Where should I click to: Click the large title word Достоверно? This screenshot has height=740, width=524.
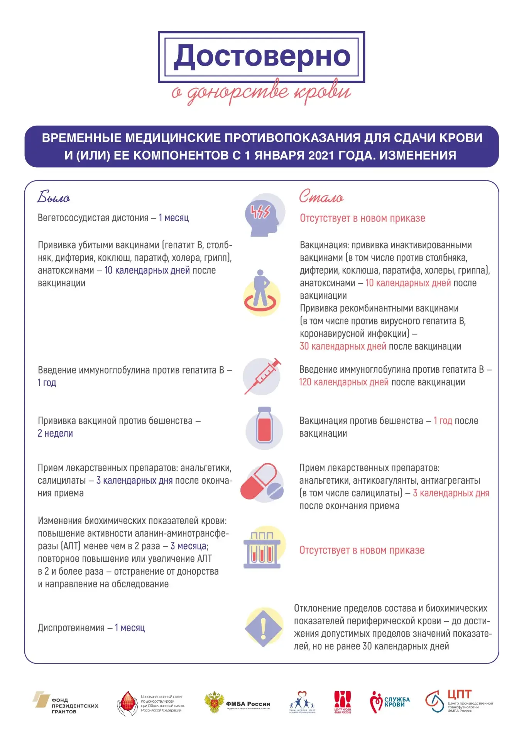click(262, 57)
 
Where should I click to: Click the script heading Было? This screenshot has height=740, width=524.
click(54, 197)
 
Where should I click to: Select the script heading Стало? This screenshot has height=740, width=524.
click(321, 197)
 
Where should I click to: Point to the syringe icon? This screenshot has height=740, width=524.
click(262, 376)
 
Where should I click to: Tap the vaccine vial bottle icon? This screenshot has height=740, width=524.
click(264, 428)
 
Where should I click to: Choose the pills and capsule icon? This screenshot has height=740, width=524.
click(262, 483)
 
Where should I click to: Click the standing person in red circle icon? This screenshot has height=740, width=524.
click(262, 292)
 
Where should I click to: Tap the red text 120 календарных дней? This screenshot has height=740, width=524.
click(344, 382)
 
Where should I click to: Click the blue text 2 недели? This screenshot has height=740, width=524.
click(55, 434)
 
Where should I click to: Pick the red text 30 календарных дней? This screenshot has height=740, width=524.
click(343, 346)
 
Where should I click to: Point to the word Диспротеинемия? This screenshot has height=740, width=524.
click(71, 628)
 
